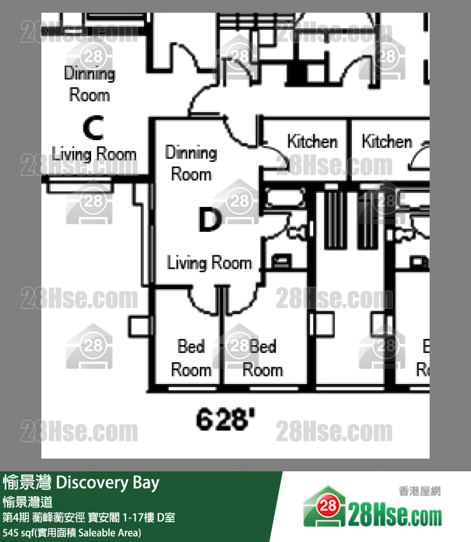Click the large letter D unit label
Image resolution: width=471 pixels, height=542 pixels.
tap(209, 220)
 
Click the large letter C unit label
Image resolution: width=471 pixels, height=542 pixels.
tap(93, 129)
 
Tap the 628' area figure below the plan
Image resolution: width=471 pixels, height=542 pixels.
tap(226, 419)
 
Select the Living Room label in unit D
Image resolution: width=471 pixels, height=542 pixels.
tap(209, 262)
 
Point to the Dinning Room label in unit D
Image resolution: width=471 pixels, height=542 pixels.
tap(191, 163)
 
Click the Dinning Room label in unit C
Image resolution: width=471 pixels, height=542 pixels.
tap(90, 84)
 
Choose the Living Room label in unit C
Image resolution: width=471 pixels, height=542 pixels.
tap(94, 153)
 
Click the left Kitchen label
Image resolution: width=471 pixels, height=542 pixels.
tap(311, 141)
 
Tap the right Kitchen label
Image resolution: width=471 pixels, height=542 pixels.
tap(387, 141)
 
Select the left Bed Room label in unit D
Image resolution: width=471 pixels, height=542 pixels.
tap(191, 358)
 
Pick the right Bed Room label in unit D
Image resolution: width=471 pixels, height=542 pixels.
tap(262, 358)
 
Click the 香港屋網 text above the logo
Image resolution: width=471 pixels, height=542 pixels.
tap(419, 491)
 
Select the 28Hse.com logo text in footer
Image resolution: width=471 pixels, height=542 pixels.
tap(395, 514)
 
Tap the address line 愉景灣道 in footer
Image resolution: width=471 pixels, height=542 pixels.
tap(27, 501)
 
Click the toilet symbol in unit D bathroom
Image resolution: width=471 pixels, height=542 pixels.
tap(281, 260)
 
